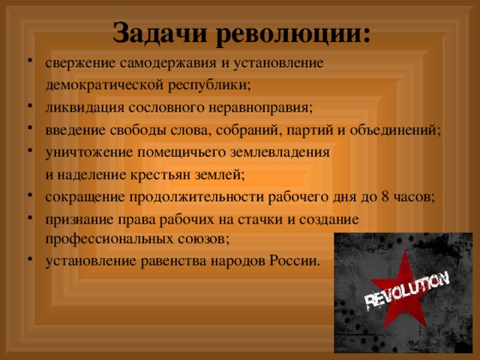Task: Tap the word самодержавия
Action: (168, 64)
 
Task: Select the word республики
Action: (209, 85)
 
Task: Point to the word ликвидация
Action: (85, 108)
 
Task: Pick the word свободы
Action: (138, 130)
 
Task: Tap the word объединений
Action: (395, 130)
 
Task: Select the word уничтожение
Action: (89, 152)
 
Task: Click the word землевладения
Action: (280, 152)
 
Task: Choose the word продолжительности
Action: (196, 197)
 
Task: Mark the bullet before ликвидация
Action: (30, 106)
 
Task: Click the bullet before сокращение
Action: (30, 195)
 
